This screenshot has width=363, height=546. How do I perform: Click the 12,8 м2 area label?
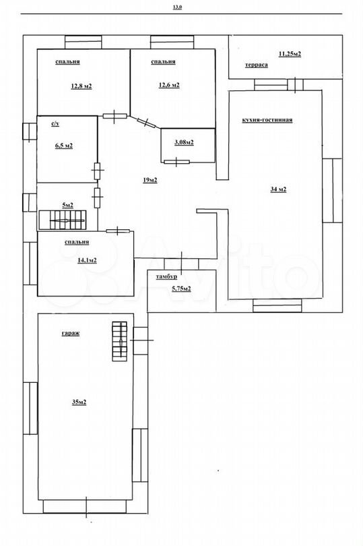pyautogui.click(x=81, y=86)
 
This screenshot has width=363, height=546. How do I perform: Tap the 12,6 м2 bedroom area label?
pyautogui.click(x=169, y=85)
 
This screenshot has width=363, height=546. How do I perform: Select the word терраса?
pyautogui.click(x=257, y=65)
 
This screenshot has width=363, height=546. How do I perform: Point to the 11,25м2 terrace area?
pyautogui.click(x=290, y=54)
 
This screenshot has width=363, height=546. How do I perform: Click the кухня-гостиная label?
pyautogui.click(x=267, y=120)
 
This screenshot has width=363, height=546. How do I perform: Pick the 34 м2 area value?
pyautogui.click(x=278, y=189)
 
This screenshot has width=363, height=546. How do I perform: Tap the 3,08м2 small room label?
pyautogui.click(x=184, y=142)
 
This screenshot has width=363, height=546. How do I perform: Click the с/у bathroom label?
pyautogui.click(x=55, y=123)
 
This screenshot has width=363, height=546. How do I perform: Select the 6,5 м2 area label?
pyautogui.click(x=64, y=146)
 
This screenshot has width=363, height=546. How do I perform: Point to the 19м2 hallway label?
pyautogui.click(x=150, y=180)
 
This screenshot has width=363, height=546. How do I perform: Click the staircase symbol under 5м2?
pyautogui.click(x=63, y=220)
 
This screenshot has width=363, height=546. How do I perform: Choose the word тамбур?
pyautogui.click(x=166, y=277)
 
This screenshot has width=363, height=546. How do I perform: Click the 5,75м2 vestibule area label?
pyautogui.click(x=181, y=289)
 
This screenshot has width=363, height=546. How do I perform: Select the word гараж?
pyautogui.click(x=71, y=333)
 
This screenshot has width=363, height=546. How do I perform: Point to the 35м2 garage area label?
pyautogui.click(x=79, y=402)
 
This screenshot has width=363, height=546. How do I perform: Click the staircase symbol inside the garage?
pyautogui.click(x=119, y=341)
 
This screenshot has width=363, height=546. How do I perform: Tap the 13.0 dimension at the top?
pyautogui.click(x=178, y=7)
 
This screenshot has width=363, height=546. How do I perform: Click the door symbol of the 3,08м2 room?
pyautogui.click(x=177, y=162)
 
